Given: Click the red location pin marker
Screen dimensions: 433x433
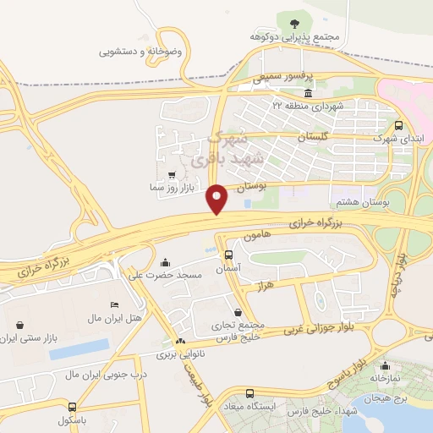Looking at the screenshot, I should [x=217, y=199].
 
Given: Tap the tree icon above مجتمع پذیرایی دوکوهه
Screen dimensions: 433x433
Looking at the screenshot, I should [x=294, y=24].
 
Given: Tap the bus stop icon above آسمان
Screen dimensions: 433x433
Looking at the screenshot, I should [x=228, y=254].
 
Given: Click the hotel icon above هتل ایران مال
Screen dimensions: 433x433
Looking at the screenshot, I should [x=116, y=304].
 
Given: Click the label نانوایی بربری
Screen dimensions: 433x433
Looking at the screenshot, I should [x=180, y=356].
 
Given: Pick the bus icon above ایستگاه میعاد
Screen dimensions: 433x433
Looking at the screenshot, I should [x=249, y=393].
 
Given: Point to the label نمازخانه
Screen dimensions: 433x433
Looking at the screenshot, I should [x=386, y=379].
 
